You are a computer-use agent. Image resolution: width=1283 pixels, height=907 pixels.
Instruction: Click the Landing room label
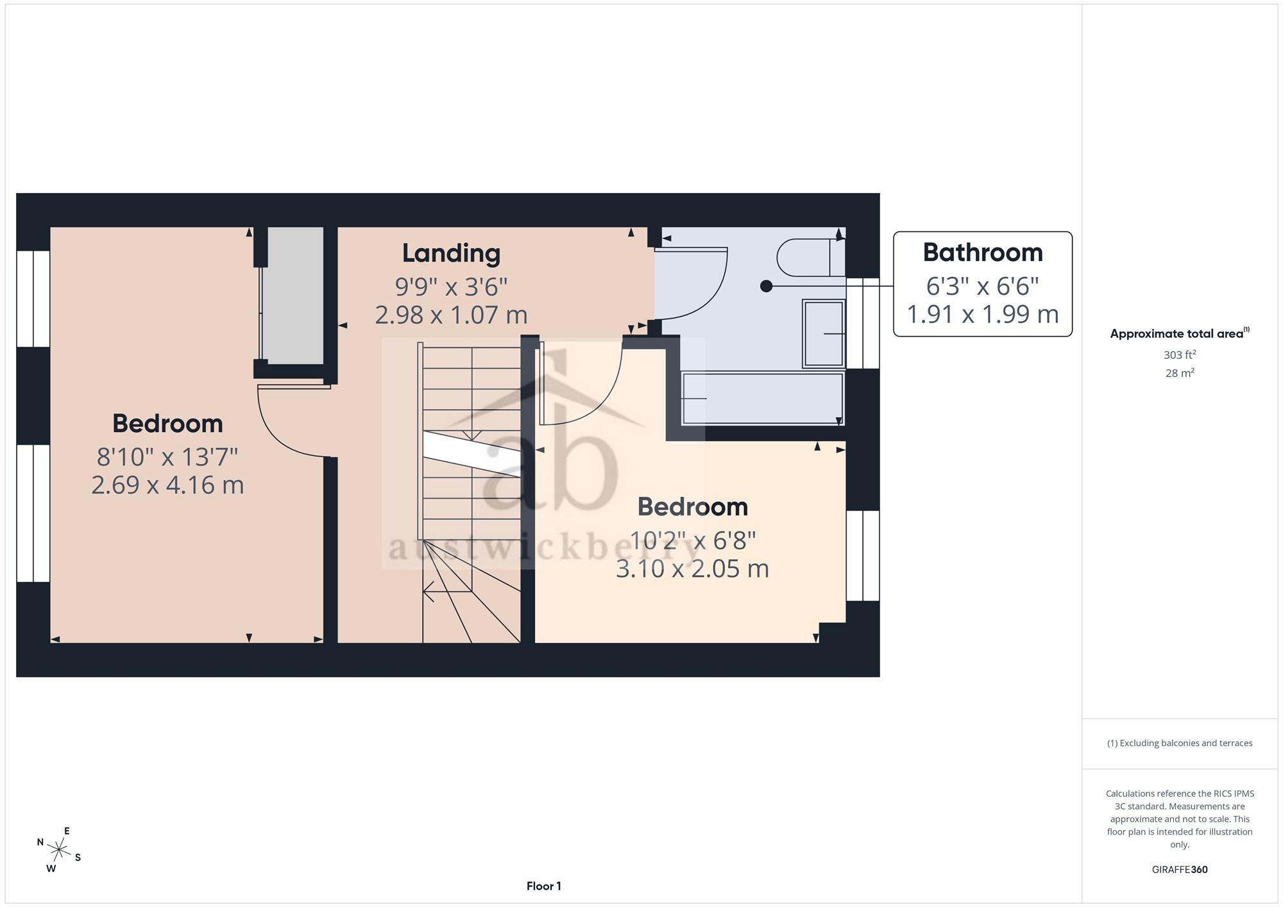coord(451,253)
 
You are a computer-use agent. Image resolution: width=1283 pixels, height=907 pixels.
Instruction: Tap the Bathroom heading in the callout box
coord(983,253)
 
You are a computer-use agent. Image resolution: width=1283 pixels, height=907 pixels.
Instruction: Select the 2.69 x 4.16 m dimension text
coord(167,485)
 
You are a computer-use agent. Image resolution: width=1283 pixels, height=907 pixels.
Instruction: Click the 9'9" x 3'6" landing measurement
coord(451,287)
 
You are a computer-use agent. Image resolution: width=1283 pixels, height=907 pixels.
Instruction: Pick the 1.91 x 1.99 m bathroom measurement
coord(983,314)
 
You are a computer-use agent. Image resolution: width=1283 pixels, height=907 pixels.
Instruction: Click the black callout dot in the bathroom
coord(766,286)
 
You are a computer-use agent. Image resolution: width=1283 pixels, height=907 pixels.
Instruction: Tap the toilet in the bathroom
coord(811,258)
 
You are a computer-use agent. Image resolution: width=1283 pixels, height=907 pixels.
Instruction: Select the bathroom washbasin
coord(824,334)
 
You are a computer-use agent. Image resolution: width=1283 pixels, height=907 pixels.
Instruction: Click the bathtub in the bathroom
coord(763,399)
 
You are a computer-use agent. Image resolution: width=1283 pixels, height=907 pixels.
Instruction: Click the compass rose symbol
coord(59,851)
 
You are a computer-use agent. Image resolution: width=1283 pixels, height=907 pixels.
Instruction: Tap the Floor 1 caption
coord(544,886)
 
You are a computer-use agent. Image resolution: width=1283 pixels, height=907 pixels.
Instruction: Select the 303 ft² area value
coord(1180,354)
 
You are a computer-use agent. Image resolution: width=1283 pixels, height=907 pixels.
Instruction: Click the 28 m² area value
coord(1180,372)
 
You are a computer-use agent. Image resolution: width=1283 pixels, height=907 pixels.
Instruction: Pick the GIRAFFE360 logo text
coord(1180,870)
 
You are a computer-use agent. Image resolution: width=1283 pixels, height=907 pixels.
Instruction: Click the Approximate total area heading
coord(1180,333)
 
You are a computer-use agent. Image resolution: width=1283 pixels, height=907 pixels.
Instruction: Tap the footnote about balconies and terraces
coord(1180,744)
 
